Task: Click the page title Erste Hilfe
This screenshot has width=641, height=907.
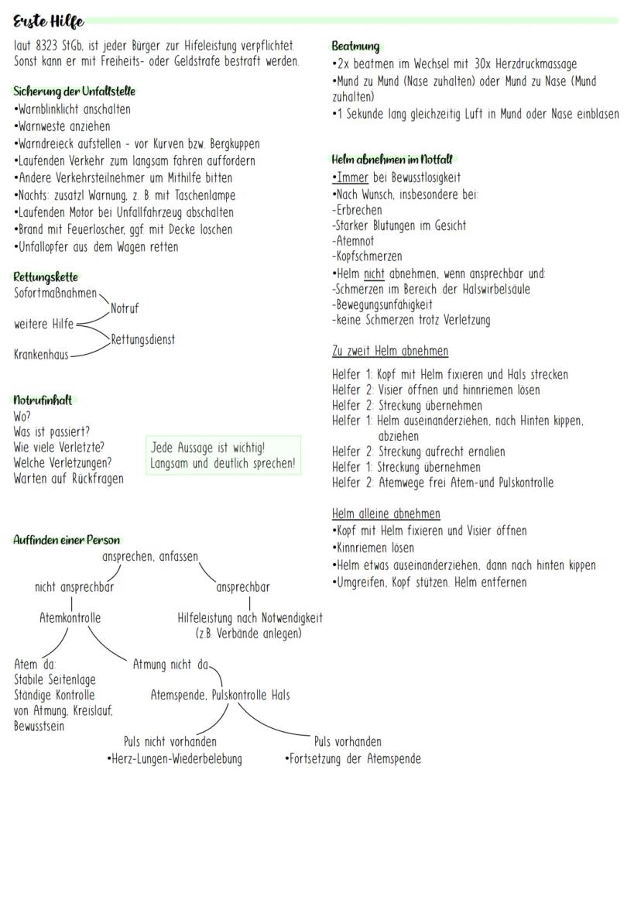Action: pyautogui.click(x=48, y=22)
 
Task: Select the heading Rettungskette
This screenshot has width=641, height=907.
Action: pyautogui.click(x=46, y=277)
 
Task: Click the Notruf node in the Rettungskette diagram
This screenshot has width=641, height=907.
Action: pyautogui.click(x=125, y=308)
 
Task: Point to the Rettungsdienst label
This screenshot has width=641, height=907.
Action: pyautogui.click(x=142, y=339)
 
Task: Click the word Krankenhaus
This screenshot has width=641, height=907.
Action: pyautogui.click(x=41, y=355)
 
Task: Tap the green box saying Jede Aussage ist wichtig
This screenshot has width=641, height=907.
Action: pyautogui.click(x=223, y=455)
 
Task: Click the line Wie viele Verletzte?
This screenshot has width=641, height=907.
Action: pyautogui.click(x=59, y=447)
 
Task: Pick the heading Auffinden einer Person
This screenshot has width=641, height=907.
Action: pyautogui.click(x=67, y=540)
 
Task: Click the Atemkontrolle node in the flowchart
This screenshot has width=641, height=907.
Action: pyautogui.click(x=70, y=618)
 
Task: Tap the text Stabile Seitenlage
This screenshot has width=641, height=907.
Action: pyautogui.click(x=55, y=680)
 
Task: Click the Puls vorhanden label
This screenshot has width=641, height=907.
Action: pyautogui.click(x=347, y=742)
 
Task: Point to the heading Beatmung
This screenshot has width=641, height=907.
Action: pyautogui.click(x=355, y=46)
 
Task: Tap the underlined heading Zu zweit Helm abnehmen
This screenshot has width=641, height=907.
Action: pyautogui.click(x=389, y=351)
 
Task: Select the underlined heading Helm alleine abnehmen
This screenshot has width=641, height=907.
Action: pyautogui.click(x=386, y=514)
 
